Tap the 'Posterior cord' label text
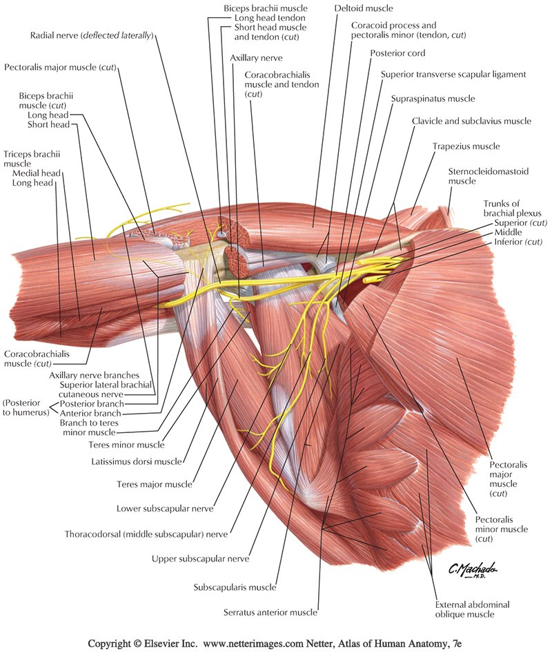[x=397, y=53]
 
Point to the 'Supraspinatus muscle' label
[x=433, y=99]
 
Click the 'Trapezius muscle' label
[x=466, y=146]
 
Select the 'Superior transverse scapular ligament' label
[x=453, y=75]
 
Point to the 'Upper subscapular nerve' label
[x=201, y=558]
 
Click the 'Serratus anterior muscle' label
[x=270, y=612]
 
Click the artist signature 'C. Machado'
[x=473, y=569]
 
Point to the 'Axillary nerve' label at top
[x=256, y=58]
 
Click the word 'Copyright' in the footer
[x=115, y=643]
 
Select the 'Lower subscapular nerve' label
[x=165, y=509]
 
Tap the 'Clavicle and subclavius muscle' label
[x=471, y=121]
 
